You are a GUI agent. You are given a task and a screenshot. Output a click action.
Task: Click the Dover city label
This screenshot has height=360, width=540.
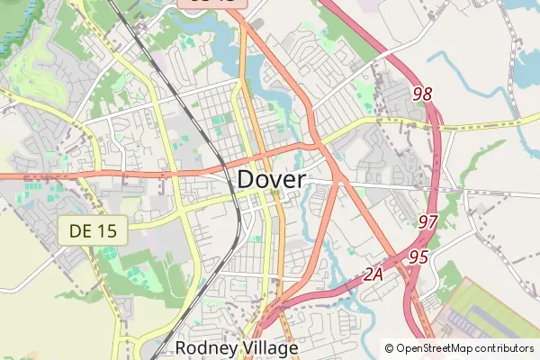tap(272, 179)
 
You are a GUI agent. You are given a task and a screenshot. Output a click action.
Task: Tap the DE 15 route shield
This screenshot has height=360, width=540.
tap(94, 231)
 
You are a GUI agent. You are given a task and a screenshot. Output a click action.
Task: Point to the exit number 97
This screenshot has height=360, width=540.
tap(429, 220)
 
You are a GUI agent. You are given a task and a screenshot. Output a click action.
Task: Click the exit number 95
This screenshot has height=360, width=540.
tap(418, 256)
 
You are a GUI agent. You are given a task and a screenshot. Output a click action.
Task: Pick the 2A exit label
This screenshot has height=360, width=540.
tap(374, 275)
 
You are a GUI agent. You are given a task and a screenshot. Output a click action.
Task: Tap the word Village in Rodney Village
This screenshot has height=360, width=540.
tap(268, 347)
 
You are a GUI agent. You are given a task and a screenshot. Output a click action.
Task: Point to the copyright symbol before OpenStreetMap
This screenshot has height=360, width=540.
tap(390, 348)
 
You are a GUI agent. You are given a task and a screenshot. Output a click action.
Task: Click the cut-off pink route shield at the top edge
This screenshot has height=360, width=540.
tap(217, 4)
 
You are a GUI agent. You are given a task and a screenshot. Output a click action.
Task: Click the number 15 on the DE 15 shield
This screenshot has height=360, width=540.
tap(106, 231)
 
